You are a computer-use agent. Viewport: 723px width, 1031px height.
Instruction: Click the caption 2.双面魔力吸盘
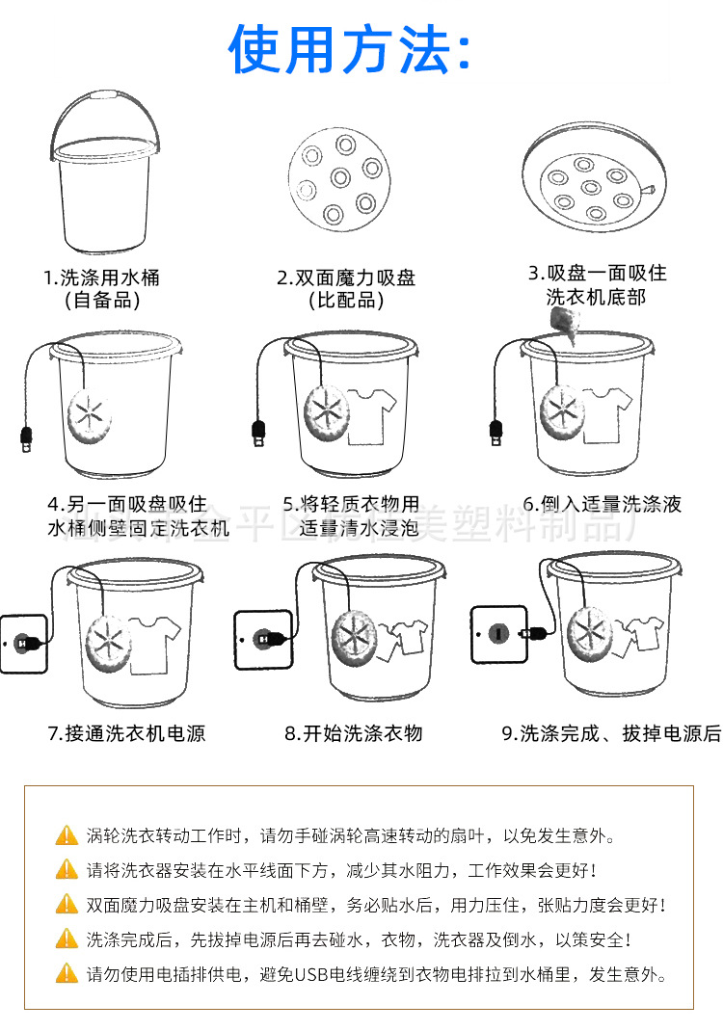(x=346, y=278)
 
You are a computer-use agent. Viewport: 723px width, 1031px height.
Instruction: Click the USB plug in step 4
(x=27, y=440)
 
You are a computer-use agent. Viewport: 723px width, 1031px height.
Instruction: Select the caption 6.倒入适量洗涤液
(x=602, y=504)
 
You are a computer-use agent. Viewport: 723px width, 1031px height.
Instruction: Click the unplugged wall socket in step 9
(x=498, y=633)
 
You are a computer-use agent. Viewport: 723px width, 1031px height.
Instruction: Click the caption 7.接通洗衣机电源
(x=126, y=733)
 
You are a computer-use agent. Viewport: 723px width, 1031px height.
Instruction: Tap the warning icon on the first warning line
(x=67, y=835)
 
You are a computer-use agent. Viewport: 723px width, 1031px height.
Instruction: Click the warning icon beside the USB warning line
(x=67, y=974)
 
